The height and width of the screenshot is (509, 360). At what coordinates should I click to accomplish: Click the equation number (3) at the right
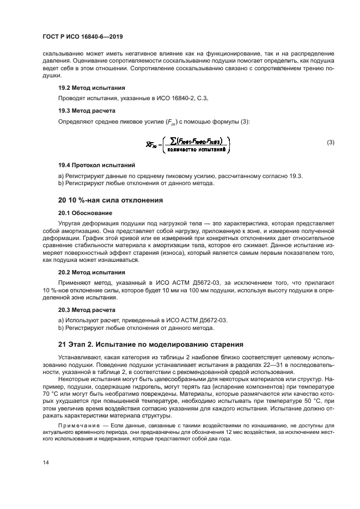coord(330,143)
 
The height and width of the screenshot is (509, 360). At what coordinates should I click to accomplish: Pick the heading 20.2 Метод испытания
coord(91,272)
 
